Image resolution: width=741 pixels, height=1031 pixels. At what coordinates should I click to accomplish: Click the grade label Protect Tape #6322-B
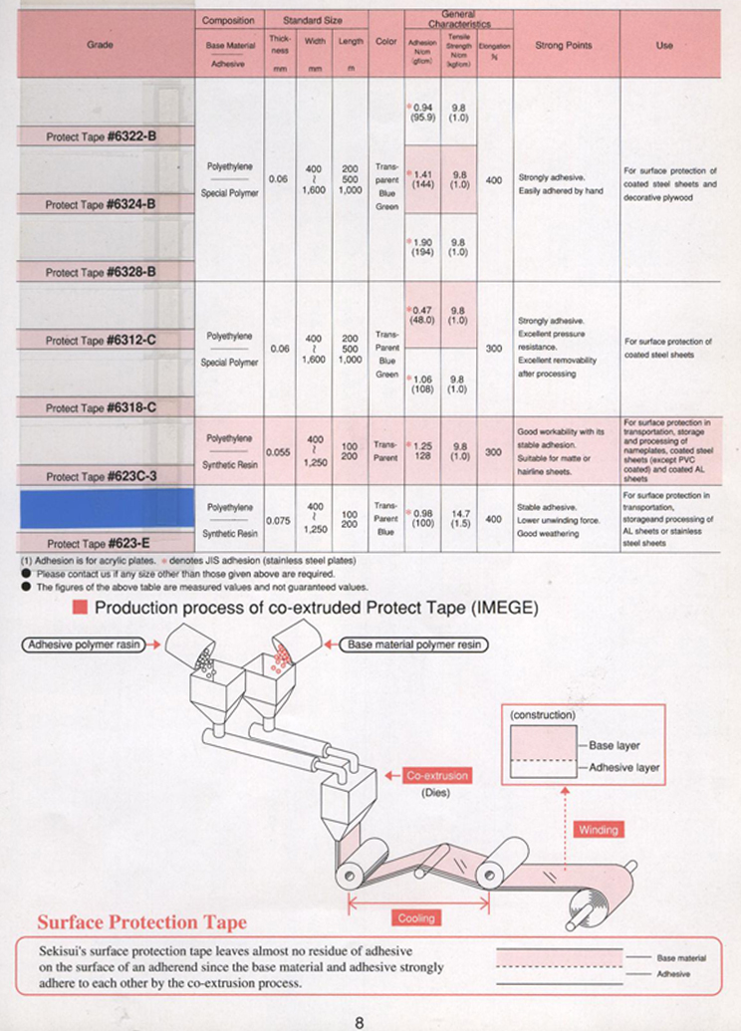(x=102, y=136)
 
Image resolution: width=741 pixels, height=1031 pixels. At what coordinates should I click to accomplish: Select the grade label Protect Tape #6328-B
(x=102, y=271)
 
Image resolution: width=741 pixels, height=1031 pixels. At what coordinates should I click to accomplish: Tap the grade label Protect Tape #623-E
(x=102, y=543)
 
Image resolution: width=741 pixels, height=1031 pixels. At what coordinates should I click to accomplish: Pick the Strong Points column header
(x=564, y=45)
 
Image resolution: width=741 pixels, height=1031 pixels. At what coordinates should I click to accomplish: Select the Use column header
(x=664, y=45)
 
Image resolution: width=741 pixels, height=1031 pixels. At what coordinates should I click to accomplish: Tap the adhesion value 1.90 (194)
(x=424, y=247)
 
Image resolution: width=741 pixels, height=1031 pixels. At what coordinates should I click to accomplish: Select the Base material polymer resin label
(x=413, y=644)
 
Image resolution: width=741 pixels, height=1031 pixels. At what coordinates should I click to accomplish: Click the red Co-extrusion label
(x=437, y=775)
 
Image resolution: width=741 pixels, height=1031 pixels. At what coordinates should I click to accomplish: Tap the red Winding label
(x=599, y=829)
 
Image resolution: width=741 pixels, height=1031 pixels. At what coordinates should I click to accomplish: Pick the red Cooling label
(x=416, y=917)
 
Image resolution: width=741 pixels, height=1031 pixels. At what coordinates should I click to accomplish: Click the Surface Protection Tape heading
(x=141, y=922)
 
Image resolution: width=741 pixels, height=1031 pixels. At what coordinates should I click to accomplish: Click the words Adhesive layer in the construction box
(x=624, y=767)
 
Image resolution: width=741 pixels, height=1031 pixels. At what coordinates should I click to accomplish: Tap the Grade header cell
(x=100, y=45)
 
